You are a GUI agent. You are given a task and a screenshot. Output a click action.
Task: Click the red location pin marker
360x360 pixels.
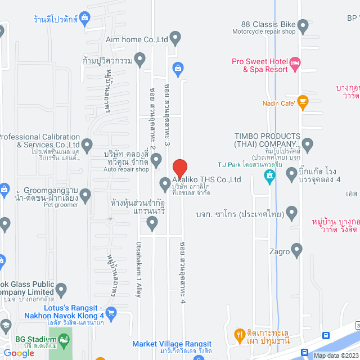[179, 168]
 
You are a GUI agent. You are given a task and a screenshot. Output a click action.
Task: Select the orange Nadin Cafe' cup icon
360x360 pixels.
[303, 102]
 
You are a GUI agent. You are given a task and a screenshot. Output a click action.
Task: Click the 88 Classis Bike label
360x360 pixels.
[268, 24]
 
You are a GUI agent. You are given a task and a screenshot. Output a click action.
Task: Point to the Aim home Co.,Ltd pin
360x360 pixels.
[175, 39]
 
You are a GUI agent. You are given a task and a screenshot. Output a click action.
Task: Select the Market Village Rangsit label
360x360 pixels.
[164, 344]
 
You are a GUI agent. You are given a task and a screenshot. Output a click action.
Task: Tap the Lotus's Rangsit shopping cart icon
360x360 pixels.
[111, 313]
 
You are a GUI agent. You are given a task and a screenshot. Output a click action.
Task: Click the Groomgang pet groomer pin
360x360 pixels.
[85, 195]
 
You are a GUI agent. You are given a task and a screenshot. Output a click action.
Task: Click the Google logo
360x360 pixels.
[19, 353]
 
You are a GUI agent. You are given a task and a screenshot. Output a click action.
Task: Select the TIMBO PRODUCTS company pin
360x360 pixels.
[307, 143]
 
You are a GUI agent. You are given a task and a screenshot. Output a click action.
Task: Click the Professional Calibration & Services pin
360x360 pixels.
[87, 145]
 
